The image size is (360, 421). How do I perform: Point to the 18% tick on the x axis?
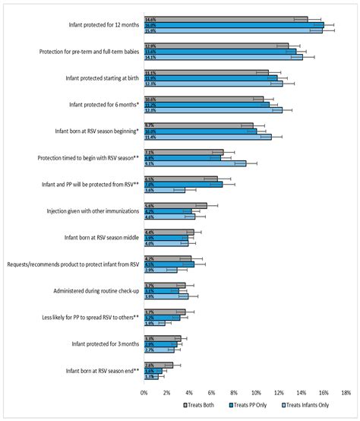coord(346,393)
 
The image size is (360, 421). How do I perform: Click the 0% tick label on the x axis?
coord(144,393)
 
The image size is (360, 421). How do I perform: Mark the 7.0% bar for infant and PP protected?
coord(183,185)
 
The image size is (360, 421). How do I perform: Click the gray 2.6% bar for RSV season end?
coord(159,365)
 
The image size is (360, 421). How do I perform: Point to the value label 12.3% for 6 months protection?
coord(150,110)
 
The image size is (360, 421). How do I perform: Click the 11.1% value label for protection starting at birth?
coord(150,73)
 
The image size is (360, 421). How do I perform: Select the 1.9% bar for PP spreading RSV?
coord(155,323)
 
